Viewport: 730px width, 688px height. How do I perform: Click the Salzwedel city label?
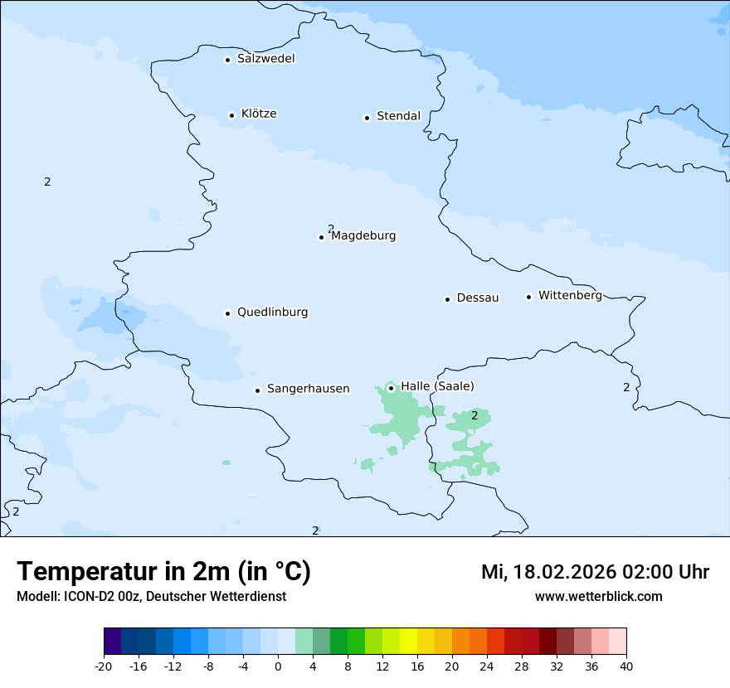(x=265, y=59)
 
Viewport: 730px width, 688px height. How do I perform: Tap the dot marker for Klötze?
(x=232, y=115)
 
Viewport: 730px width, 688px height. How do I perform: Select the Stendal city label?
(x=398, y=116)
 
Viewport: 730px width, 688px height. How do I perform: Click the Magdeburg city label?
(x=363, y=235)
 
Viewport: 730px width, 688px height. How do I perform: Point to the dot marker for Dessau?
(x=447, y=299)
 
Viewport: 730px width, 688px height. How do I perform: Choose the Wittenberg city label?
(x=570, y=295)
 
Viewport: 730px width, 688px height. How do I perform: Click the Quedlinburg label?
(x=272, y=313)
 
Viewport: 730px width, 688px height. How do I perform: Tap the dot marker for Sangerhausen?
(x=258, y=390)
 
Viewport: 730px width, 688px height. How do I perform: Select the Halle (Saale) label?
(x=437, y=386)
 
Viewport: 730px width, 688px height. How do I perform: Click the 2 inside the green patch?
(x=474, y=415)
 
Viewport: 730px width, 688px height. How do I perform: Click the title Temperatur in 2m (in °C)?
(x=163, y=571)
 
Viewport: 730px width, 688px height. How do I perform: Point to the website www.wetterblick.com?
(x=598, y=597)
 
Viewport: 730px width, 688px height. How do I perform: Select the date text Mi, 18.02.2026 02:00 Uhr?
(x=595, y=572)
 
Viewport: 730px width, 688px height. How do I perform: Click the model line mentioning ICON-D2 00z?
(x=151, y=597)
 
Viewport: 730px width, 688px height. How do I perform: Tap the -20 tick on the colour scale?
(x=104, y=666)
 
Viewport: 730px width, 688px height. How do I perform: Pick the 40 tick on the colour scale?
(x=626, y=666)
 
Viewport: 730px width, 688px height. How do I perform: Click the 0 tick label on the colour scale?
(x=278, y=666)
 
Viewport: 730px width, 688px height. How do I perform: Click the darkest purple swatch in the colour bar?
(x=113, y=642)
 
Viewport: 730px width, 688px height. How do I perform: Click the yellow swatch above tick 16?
(x=408, y=642)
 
